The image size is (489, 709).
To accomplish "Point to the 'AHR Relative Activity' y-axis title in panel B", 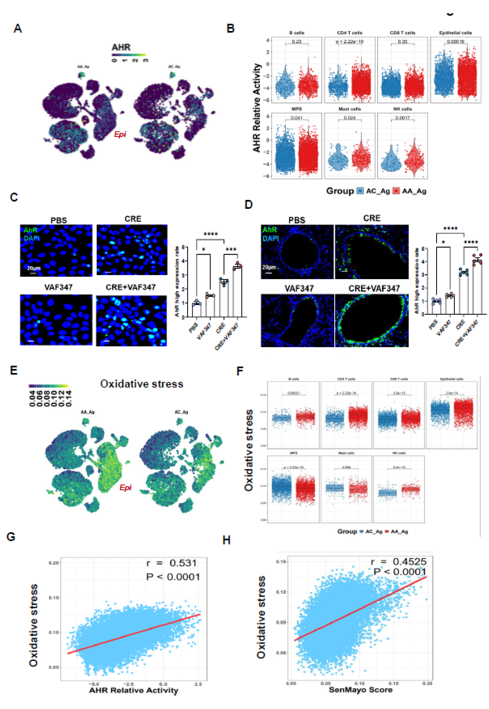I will coord(257,108).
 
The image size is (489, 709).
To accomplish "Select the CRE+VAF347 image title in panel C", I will coord(131,287).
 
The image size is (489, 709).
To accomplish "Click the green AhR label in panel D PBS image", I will coord(270,230).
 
